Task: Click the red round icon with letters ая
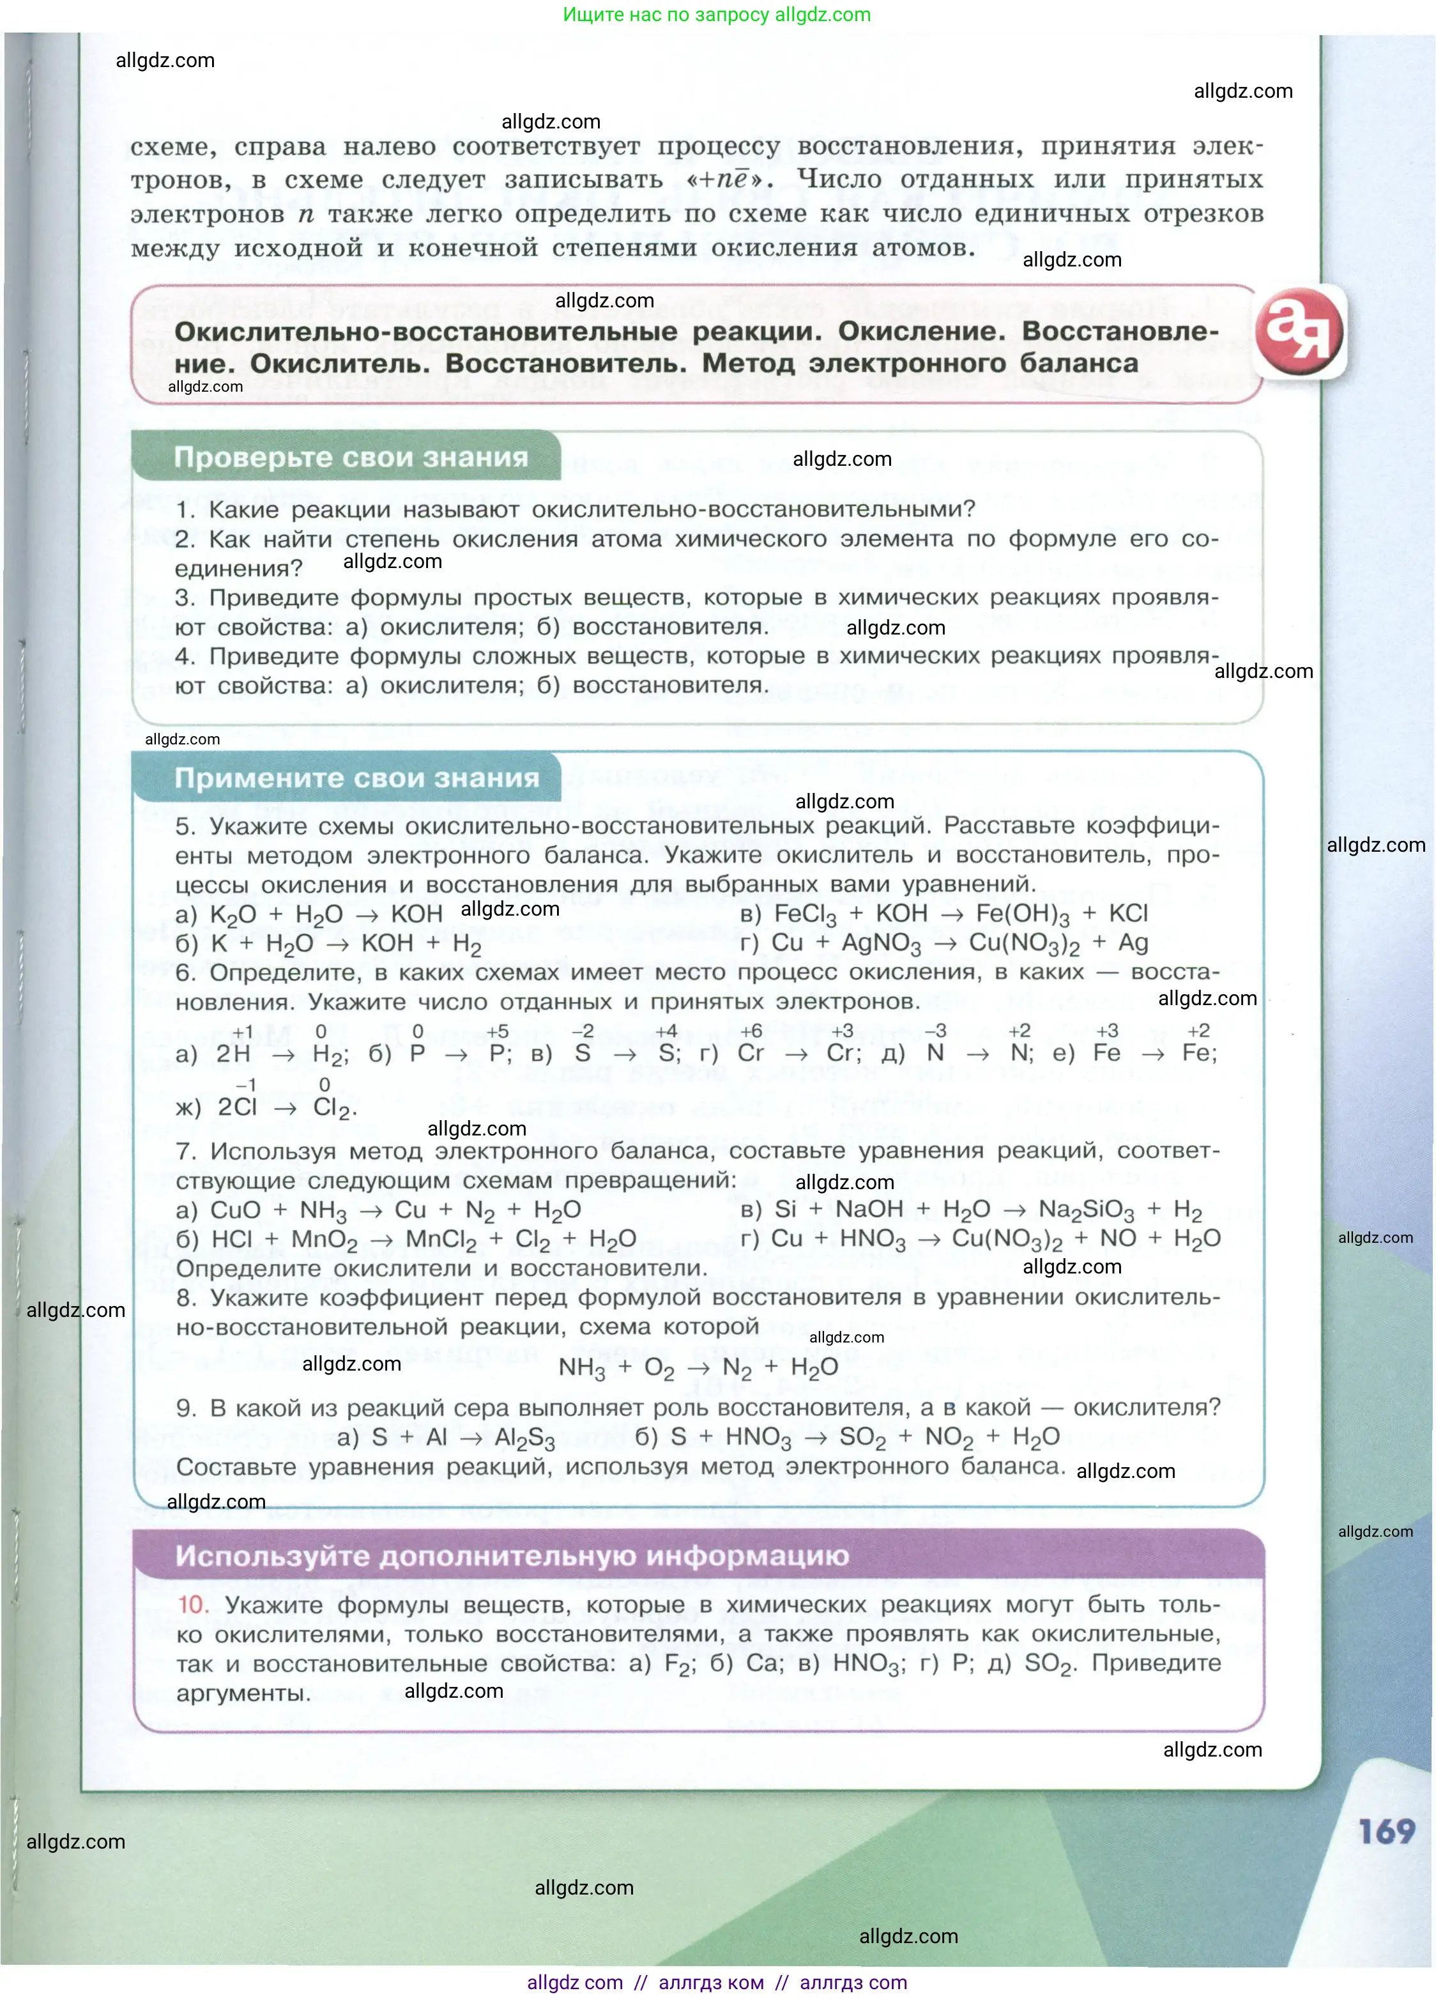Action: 1299,332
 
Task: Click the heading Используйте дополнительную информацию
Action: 511,1555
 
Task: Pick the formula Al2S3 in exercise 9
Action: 524,1438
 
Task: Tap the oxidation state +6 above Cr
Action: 751,1031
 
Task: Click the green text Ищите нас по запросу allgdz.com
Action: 717,15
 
